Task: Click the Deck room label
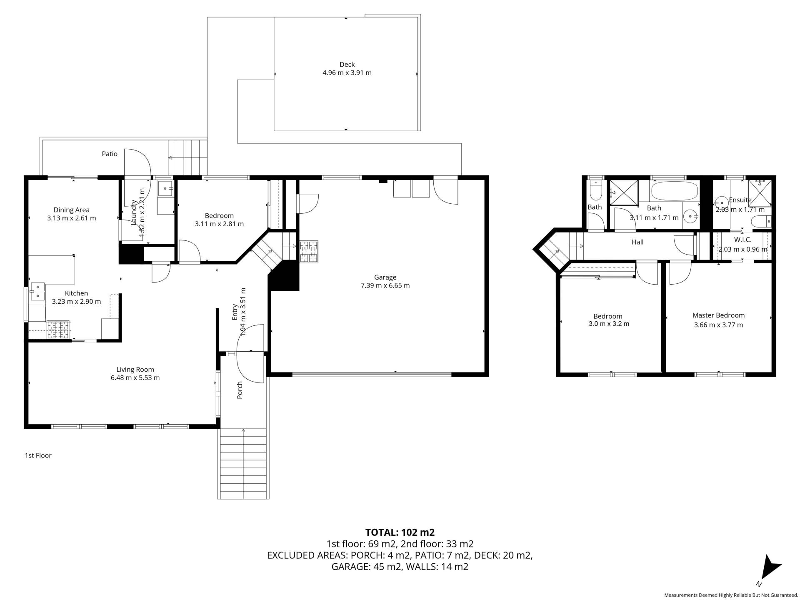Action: [x=347, y=65]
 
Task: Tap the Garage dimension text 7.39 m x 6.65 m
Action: [x=385, y=285]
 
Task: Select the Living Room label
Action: [x=135, y=370]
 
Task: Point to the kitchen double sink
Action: [x=37, y=291]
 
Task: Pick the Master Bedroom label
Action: [x=718, y=315]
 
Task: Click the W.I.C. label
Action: [x=742, y=240]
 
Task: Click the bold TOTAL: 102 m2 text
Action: [x=400, y=532]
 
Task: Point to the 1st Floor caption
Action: [x=38, y=455]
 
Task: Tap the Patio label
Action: [x=110, y=154]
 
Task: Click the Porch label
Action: [x=240, y=390]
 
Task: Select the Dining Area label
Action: [x=71, y=210]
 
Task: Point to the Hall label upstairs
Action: [x=637, y=242]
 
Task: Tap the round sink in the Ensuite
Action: [x=721, y=204]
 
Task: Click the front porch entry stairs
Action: [x=243, y=463]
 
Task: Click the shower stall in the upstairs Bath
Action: [x=624, y=193]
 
